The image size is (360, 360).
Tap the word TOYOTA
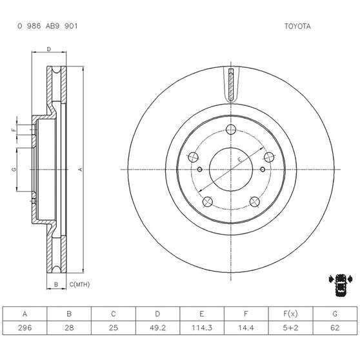click(x=297, y=27)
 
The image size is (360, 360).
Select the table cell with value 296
click(x=25, y=327)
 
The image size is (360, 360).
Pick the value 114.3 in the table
click(x=201, y=327)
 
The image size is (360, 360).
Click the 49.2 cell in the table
click(x=157, y=327)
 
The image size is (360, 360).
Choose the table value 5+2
click(x=290, y=327)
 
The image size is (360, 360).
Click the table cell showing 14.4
click(x=246, y=327)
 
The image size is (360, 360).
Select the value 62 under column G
click(x=334, y=327)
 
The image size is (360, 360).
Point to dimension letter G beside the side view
click(x=14, y=169)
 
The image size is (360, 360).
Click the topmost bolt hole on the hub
click(x=230, y=128)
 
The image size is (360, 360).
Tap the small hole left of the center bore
click(x=201, y=170)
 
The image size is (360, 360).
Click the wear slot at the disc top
click(x=230, y=84)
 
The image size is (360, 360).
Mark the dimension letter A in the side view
click(x=81, y=169)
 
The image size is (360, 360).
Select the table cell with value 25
click(x=113, y=327)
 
